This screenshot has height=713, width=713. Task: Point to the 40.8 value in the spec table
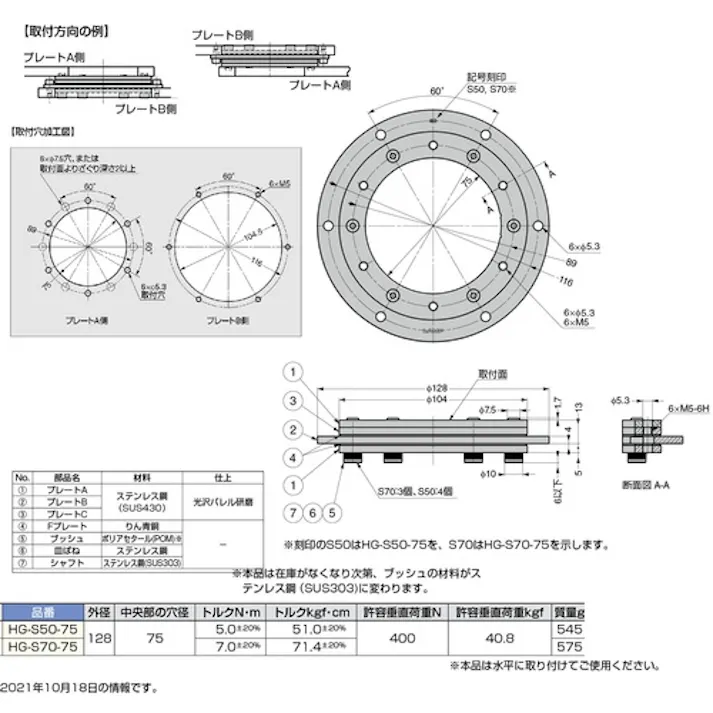tap(499, 639)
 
